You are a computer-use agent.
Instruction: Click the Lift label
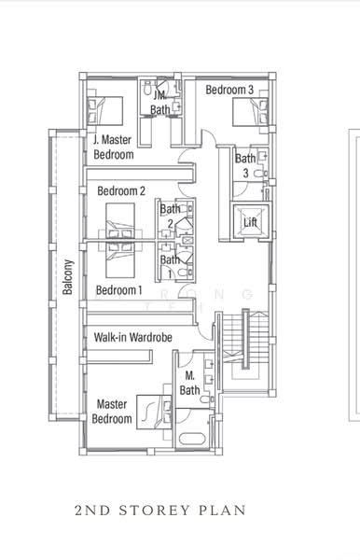(250, 223)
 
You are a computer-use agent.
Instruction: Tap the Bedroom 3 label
(229, 90)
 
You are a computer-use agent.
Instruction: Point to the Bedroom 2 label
(121, 190)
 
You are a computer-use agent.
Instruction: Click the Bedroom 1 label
(120, 290)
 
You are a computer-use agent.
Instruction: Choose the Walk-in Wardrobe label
(132, 336)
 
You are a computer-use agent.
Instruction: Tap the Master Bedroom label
(112, 412)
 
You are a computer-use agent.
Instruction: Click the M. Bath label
(189, 384)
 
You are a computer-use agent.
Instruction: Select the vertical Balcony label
(68, 277)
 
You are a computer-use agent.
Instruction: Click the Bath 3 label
(244, 165)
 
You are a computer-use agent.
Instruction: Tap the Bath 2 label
(170, 216)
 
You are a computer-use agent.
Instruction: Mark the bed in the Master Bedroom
(152, 409)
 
